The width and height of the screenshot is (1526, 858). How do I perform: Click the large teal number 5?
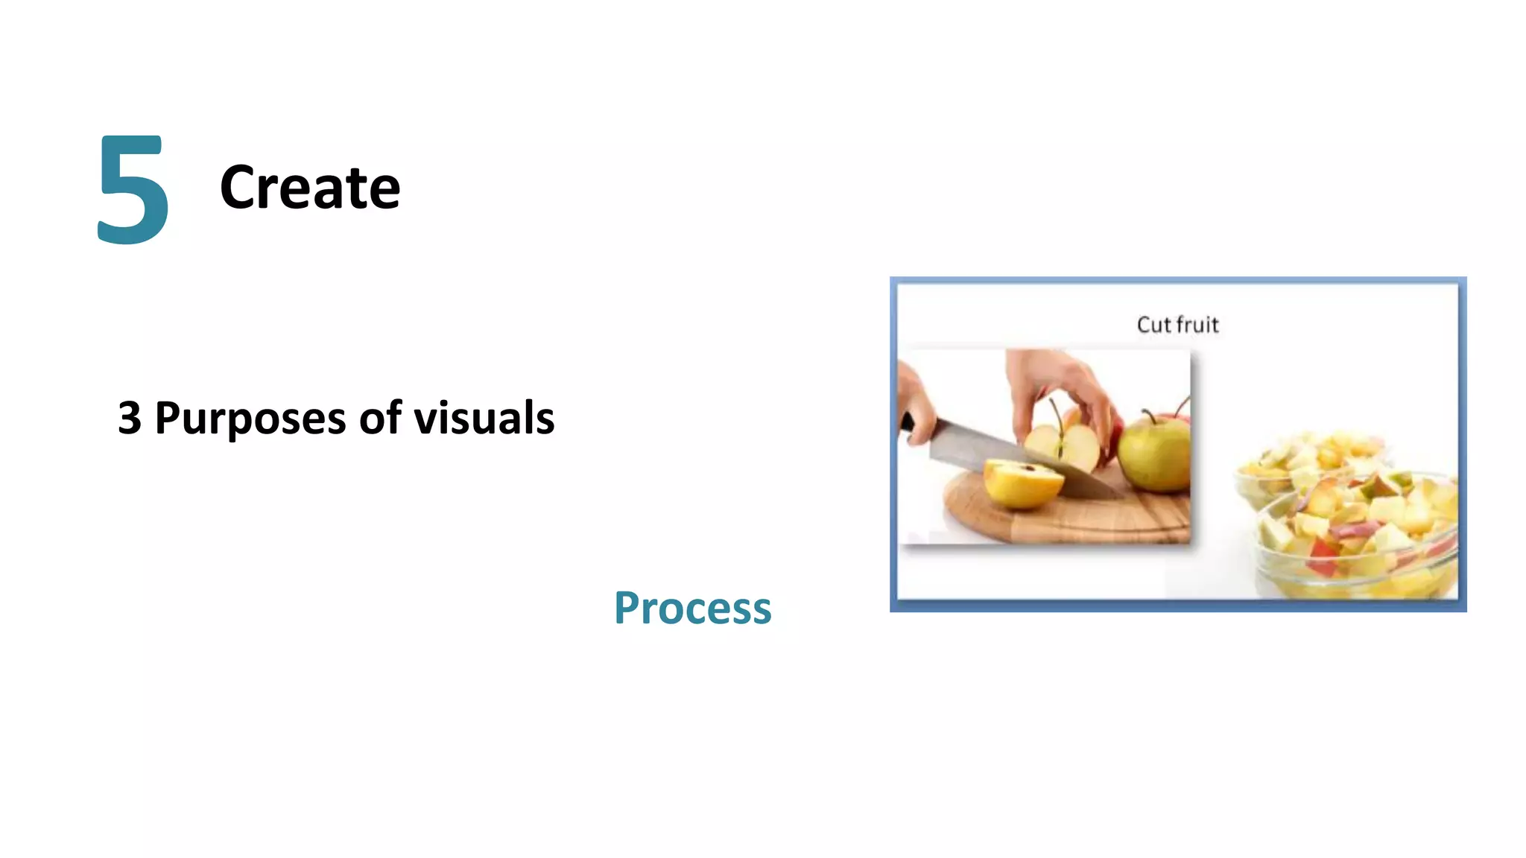point(133,190)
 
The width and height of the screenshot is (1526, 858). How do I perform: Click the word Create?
point(309,188)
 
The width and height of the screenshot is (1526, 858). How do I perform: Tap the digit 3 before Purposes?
point(130,418)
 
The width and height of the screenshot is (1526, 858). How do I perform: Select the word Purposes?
point(250,419)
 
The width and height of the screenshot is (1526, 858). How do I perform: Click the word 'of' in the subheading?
point(380,418)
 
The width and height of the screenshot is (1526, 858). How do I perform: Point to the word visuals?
point(484,418)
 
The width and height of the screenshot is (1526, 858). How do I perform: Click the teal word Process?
point(692,608)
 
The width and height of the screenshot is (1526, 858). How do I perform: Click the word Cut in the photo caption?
point(1153,325)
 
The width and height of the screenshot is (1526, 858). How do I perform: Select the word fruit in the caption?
point(1197,325)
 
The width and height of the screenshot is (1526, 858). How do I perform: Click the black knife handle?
point(907,422)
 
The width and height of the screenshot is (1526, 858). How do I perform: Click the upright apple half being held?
point(1062,447)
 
